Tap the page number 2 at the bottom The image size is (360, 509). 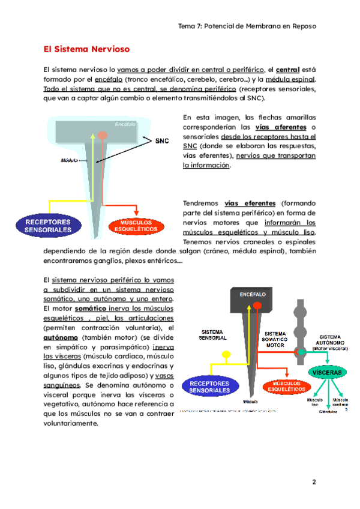(313, 482)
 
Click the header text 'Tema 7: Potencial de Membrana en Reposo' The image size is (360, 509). (247, 26)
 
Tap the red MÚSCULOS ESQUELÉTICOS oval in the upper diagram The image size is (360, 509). (136, 226)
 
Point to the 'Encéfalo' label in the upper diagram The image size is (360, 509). (125, 124)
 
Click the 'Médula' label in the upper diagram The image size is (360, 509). (70, 161)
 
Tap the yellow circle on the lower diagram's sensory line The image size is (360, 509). (227, 355)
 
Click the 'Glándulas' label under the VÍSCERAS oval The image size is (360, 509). (329, 411)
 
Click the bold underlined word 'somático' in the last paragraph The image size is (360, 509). (90, 308)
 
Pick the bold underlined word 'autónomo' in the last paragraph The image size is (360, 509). (61, 337)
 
